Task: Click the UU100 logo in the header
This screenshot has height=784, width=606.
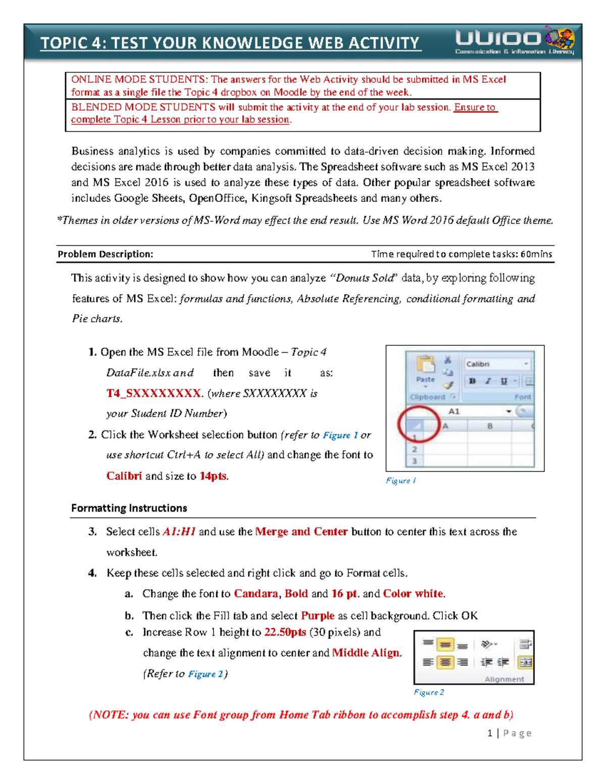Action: click(x=514, y=40)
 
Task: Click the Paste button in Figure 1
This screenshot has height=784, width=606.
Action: click(x=425, y=371)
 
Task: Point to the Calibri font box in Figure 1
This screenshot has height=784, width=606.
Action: click(x=496, y=364)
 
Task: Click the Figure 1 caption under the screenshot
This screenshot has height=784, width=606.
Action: click(x=401, y=481)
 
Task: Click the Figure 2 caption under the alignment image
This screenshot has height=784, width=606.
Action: click(x=429, y=692)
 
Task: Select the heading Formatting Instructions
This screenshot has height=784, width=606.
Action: click(x=129, y=508)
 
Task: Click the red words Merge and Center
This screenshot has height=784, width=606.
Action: click(x=301, y=532)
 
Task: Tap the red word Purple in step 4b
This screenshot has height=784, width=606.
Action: click(x=318, y=615)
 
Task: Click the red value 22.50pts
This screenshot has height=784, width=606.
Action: click(x=285, y=632)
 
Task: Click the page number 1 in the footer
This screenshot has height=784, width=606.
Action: click(x=490, y=733)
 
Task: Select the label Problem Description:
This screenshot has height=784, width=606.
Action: click(x=105, y=254)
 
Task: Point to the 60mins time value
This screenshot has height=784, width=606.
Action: click(x=536, y=254)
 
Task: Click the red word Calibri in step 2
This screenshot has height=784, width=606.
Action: click(x=124, y=476)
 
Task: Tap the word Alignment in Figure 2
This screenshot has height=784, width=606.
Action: click(x=504, y=679)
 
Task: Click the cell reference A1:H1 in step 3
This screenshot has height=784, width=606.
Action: click(x=179, y=532)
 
